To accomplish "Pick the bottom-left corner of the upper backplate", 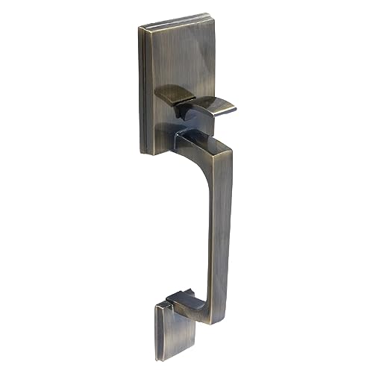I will coord(142,152).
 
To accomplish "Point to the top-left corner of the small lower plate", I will coord(156,305).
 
